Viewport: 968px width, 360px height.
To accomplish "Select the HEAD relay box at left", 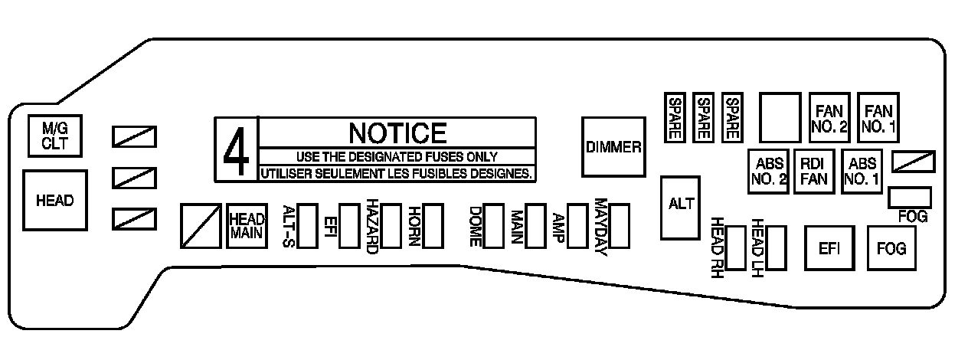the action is pyautogui.click(x=55, y=201).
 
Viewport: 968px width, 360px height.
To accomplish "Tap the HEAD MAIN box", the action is pyautogui.click(x=247, y=225).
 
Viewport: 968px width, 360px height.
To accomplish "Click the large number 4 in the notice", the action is pyautogui.click(x=236, y=150).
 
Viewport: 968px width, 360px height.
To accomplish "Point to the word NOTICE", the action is pyautogui.click(x=397, y=133).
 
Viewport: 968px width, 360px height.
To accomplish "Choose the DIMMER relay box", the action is pyautogui.click(x=613, y=147).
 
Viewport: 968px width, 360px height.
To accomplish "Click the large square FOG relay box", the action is pyautogui.click(x=890, y=248).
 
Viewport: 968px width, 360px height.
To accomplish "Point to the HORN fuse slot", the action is pyautogui.click(x=433, y=225).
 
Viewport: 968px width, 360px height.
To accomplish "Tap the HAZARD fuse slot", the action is pyautogui.click(x=391, y=225).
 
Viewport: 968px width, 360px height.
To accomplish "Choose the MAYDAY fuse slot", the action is pyautogui.click(x=619, y=224).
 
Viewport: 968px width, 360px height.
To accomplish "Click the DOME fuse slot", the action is pyautogui.click(x=494, y=224).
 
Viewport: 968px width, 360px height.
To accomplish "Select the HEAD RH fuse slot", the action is pyautogui.click(x=736, y=247).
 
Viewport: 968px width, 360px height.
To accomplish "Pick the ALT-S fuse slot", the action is pyautogui.click(x=308, y=225).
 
